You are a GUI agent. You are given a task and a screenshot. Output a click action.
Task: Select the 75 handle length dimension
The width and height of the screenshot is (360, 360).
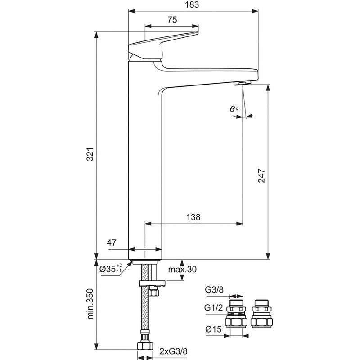pos(171,19)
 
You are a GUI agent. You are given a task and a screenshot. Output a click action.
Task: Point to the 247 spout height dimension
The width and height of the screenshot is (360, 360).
pos(261,173)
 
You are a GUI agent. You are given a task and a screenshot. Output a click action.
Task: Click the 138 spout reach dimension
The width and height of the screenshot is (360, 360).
pos(193,217)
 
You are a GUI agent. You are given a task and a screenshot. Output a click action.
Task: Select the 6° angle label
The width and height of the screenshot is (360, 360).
pos(233,109)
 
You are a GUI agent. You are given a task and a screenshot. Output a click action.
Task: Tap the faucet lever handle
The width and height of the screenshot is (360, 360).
pos(163,44)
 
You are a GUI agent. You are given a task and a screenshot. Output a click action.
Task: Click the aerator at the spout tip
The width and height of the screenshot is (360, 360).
pos(243,83)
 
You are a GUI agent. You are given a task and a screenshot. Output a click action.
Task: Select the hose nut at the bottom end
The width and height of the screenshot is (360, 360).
pos(145,346)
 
